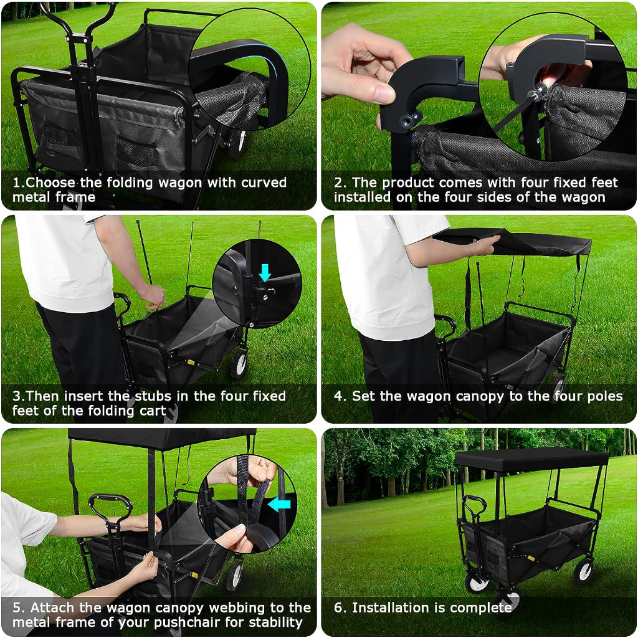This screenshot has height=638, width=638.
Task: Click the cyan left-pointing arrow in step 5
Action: coord(279,505)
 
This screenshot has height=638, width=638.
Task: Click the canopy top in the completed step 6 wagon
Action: coord(531,458)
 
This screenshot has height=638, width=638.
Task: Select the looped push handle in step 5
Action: coord(110,507)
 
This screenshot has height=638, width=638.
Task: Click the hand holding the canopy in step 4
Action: coord(484,245)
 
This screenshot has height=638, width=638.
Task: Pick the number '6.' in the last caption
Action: coord(340,607)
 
